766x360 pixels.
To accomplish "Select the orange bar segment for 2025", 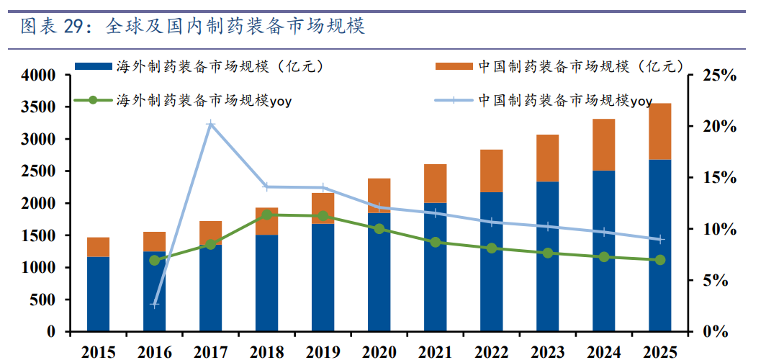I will click(x=660, y=131).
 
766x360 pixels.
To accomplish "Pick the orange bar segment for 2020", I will click(x=379, y=195).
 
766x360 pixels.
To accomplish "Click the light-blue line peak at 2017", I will click(x=211, y=125).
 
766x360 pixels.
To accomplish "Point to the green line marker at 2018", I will click(x=267, y=215).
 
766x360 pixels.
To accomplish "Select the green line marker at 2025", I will click(x=660, y=259).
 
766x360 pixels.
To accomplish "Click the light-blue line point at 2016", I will click(x=155, y=305).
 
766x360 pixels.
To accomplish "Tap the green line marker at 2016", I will click(x=155, y=260).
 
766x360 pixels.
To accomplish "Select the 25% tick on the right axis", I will click(x=718, y=75).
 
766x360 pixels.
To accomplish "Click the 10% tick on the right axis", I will click(x=718, y=229).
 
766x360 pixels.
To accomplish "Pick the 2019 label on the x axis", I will click(x=323, y=351).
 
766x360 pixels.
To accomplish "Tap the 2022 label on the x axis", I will click(x=492, y=351).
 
